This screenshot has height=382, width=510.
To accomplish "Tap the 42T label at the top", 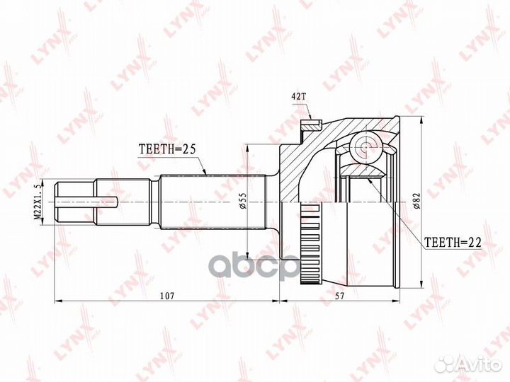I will coord(299,97).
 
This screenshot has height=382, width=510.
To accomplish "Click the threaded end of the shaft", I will coord(75,203).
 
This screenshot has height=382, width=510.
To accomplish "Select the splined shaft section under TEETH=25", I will coord(205,203).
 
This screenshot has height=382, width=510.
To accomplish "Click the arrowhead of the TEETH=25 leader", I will coord(206,173).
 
